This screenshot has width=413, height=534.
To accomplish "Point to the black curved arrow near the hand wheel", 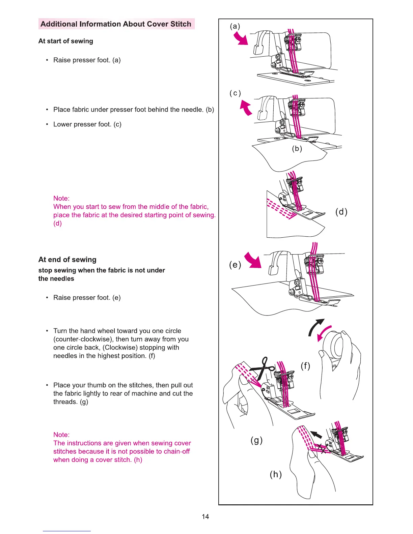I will tap(315, 327).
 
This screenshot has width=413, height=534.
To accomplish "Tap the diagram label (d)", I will tap(341, 212).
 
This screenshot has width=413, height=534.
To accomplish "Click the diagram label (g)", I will tap(256, 440).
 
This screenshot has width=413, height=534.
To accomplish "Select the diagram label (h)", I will tap(276, 474).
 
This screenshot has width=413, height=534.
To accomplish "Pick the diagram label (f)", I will tap(305, 366).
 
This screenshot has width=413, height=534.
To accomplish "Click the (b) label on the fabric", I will tap(297, 149).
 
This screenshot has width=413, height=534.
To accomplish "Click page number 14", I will tap(205, 516).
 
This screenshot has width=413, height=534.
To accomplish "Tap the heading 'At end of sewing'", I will tap(67, 260).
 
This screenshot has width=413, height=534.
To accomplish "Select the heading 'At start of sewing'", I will tap(66, 41).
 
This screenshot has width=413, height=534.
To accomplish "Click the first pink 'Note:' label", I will tap(61, 198).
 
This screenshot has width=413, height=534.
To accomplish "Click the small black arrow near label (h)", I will tap(316, 435).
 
